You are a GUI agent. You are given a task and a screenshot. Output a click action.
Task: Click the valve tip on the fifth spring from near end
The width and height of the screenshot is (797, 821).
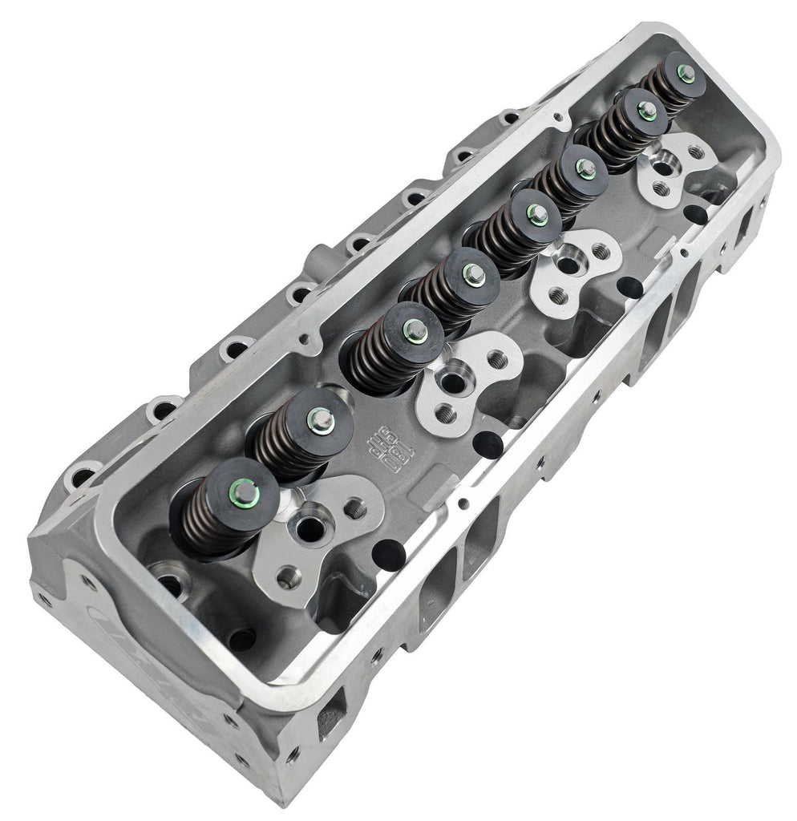(x=533, y=212)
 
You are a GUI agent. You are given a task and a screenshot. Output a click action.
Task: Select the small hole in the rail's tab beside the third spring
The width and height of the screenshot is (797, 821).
(x=304, y=340)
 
